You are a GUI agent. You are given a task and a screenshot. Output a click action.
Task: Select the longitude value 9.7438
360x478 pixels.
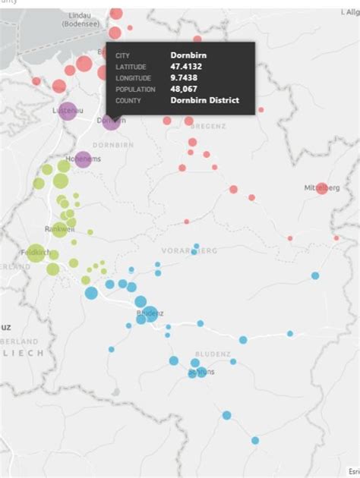click(x=186, y=77)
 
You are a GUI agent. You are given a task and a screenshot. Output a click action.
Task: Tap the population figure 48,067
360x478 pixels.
click(x=186, y=89)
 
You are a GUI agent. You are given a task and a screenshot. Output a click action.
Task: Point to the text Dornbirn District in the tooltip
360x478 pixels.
click(x=204, y=100)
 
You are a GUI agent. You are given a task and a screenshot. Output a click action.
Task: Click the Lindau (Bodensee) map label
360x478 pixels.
click(x=84, y=20)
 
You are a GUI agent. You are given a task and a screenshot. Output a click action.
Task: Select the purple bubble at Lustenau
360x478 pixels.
click(x=67, y=112)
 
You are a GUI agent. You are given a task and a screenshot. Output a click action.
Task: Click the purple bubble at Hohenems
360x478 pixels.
click(x=83, y=159)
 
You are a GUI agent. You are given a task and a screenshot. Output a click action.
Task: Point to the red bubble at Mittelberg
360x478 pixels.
click(x=322, y=188)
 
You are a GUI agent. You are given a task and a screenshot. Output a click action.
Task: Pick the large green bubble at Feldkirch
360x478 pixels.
click(x=36, y=254)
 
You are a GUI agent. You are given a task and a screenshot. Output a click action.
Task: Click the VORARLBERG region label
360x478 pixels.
click(x=190, y=250)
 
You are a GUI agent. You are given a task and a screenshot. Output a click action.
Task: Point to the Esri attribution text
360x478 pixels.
click(x=352, y=471)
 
